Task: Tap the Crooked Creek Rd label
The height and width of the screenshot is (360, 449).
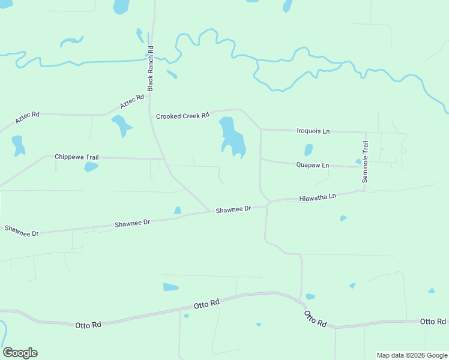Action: [182, 115]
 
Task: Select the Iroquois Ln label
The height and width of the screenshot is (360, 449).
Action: [314, 131]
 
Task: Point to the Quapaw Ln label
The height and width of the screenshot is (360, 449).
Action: [313, 165]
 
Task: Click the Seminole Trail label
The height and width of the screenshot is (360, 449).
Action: [366, 161]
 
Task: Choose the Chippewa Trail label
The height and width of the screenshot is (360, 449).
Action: [76, 157]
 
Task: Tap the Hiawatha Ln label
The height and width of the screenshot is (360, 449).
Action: [318, 197]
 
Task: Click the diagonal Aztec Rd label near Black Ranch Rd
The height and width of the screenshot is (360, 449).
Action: [132, 101]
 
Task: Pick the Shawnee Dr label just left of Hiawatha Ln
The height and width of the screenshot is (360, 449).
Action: [233, 209]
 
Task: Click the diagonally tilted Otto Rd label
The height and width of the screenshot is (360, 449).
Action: [315, 319]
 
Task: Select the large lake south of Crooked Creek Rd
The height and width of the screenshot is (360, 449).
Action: [232, 139]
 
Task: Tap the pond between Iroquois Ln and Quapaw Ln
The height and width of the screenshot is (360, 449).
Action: [309, 149]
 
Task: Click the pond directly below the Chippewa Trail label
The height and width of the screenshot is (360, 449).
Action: [91, 167]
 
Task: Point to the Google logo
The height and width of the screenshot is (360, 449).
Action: [20, 353]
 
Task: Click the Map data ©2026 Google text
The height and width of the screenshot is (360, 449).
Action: [412, 355]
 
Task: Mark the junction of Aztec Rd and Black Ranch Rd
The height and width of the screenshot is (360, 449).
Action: [151, 92]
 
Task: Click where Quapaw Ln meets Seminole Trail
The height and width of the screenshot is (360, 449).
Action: [366, 166]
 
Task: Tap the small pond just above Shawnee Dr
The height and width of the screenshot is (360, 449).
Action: [177, 211]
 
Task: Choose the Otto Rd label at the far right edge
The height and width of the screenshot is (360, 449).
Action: [432, 322]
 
